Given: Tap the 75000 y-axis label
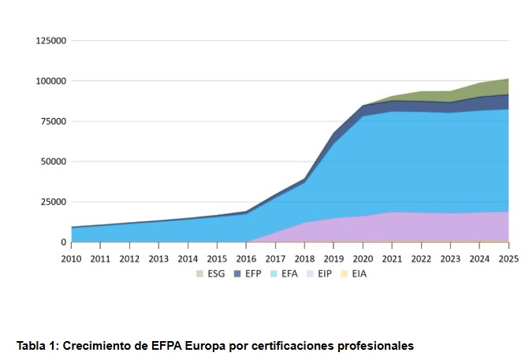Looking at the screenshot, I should click(53, 121).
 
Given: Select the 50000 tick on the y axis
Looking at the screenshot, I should click(53, 161).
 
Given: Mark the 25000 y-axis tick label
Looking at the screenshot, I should click(53, 202).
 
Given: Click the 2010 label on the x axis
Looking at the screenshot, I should click(71, 258).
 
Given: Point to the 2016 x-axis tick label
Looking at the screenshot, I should click(246, 258).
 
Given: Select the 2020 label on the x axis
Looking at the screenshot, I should click(363, 258).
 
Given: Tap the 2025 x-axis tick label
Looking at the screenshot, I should click(509, 258).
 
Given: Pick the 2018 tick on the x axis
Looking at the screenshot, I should click(304, 258).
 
